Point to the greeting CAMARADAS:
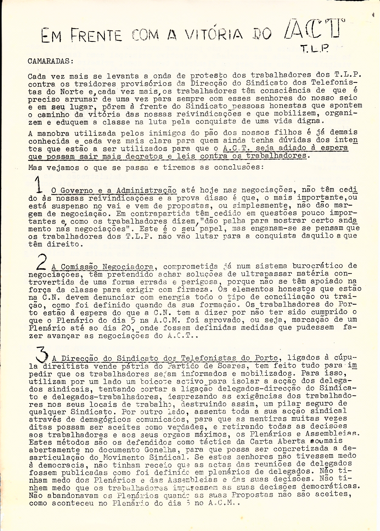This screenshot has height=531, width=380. tap(50, 61)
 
